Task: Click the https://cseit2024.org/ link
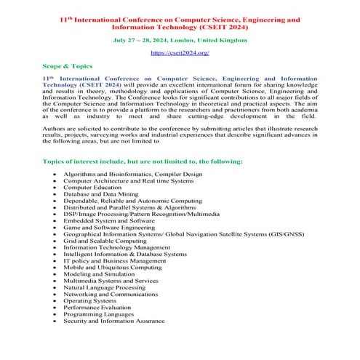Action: click(180, 53)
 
